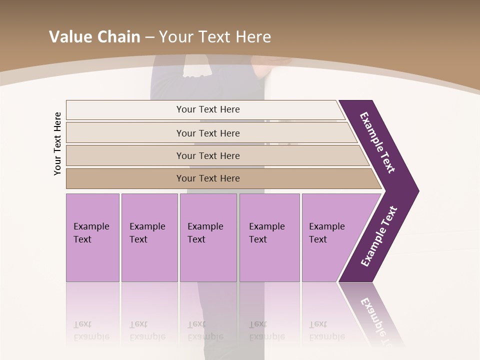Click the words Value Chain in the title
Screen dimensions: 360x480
94,37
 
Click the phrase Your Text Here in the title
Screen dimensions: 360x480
215,37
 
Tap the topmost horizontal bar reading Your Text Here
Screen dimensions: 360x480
208,109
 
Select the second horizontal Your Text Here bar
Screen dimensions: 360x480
208,133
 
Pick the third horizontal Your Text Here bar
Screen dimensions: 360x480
208,155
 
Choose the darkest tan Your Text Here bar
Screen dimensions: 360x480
208,178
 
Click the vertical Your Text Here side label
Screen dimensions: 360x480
57,143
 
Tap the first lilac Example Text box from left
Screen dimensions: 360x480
92,237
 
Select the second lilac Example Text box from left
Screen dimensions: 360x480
149,237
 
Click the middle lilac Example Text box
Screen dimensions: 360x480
208,237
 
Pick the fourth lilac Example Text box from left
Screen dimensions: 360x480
269,237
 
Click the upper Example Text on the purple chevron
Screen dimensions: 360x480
378,142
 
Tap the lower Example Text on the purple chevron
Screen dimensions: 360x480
379,236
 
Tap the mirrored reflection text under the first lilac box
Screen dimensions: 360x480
91,330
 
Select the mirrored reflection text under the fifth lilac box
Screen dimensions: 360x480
326,330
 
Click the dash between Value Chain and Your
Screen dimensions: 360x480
149,37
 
